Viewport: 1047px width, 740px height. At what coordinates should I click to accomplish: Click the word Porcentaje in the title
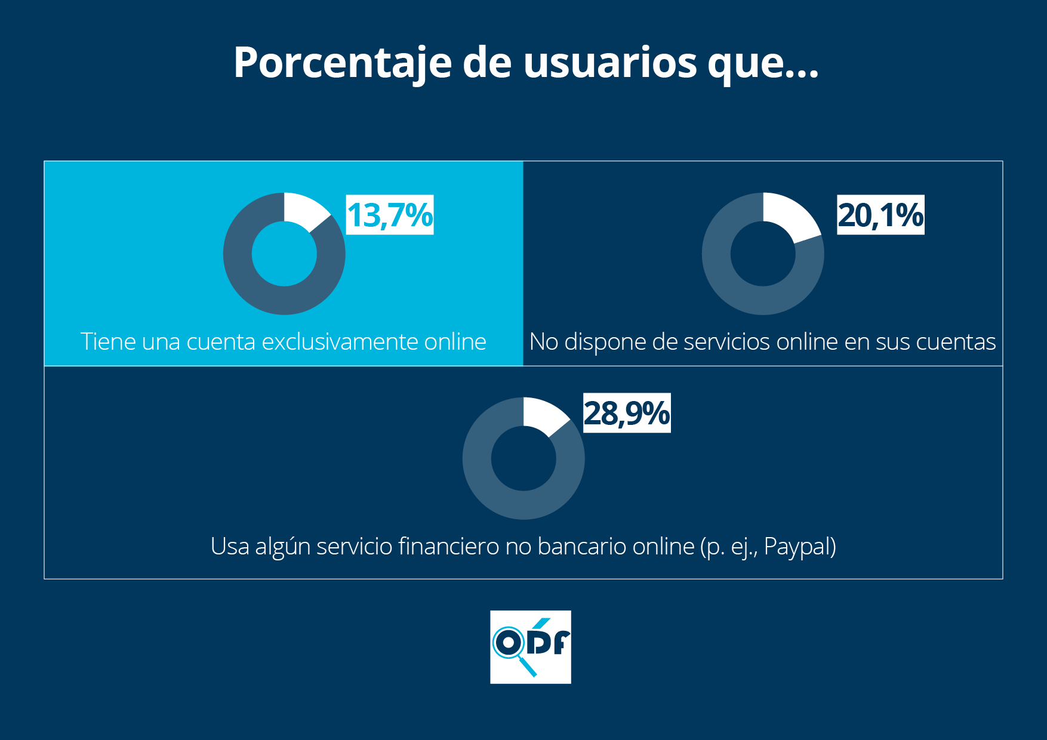click(x=342, y=63)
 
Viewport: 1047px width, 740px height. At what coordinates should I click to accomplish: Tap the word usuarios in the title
click(x=610, y=63)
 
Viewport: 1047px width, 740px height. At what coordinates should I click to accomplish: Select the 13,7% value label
click(x=390, y=215)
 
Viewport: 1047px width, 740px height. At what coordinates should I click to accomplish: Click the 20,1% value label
click(x=880, y=215)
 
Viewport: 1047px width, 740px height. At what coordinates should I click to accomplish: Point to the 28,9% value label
click(x=627, y=413)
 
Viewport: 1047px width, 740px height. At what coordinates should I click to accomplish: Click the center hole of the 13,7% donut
click(x=284, y=254)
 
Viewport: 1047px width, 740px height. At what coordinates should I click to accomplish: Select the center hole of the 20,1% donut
click(x=763, y=254)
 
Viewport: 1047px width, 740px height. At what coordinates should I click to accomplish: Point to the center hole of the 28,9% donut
click(x=523, y=458)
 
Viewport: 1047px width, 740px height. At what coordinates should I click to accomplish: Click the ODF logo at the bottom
click(x=530, y=647)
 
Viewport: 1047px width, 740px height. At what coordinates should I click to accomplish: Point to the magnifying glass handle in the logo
click(x=528, y=667)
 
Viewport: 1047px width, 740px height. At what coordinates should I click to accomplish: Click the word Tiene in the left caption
click(x=101, y=342)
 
